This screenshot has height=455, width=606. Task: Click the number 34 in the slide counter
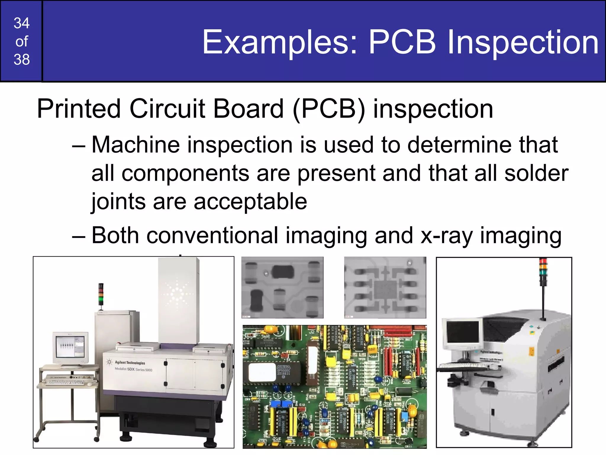22,23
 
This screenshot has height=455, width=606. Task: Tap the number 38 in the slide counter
22,59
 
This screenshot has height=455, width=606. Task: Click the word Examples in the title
280,42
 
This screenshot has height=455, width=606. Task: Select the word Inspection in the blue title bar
523,42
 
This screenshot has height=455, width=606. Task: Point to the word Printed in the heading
79,109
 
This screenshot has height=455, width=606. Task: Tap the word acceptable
250,201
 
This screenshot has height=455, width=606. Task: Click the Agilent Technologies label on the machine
130,363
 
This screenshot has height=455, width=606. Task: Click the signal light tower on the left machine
101,294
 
